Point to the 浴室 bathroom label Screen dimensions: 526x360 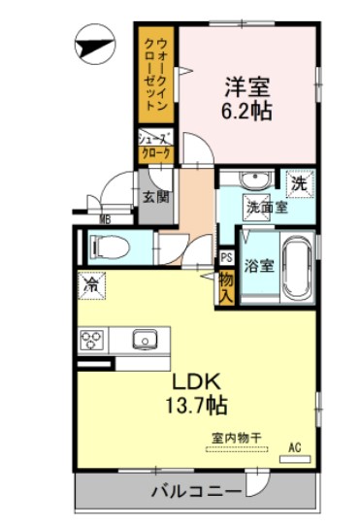(257, 263)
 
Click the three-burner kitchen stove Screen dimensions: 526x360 (94, 341)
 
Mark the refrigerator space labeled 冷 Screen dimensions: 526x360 (90, 286)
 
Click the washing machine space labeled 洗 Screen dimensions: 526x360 (300, 181)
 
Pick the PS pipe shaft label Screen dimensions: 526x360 (226, 257)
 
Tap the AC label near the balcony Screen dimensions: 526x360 (294, 447)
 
